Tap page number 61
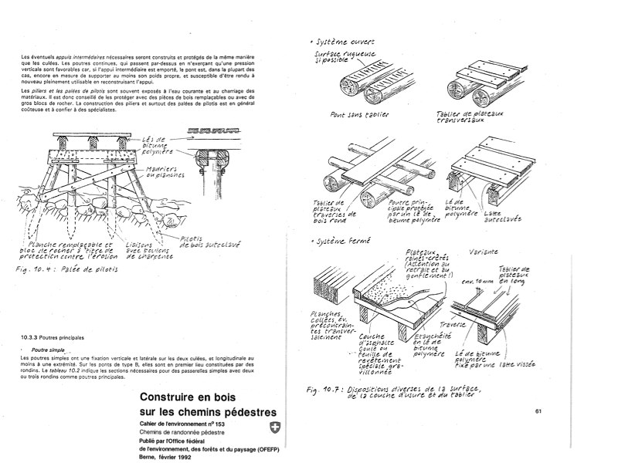pyautogui.click(x=538, y=411)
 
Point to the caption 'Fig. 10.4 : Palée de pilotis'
pyautogui.click(x=67, y=271)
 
